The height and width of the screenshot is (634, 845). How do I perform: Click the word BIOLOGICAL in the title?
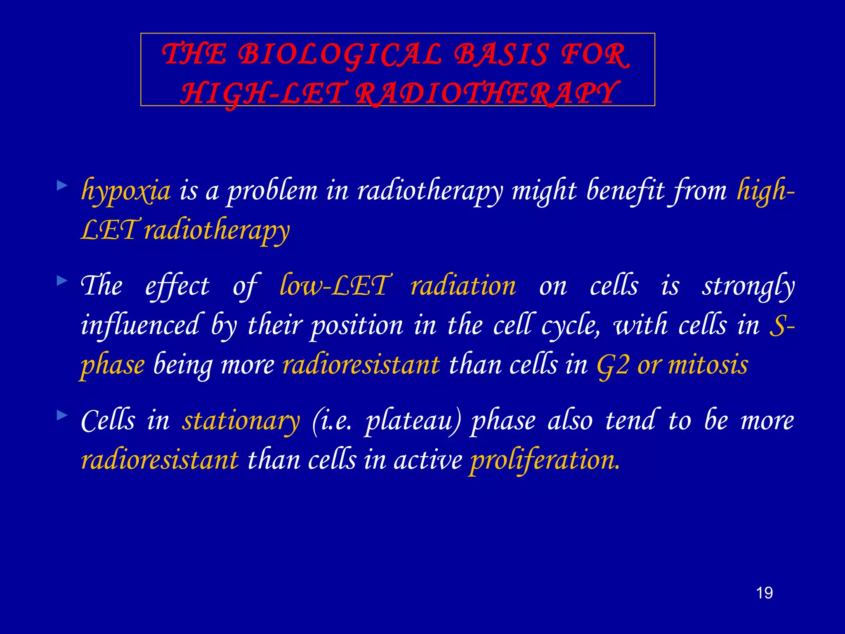[x=341, y=55]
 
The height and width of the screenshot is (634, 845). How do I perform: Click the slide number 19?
[x=764, y=593]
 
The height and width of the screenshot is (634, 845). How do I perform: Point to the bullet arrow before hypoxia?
[x=62, y=185]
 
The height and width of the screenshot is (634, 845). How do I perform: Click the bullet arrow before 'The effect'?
[x=62, y=281]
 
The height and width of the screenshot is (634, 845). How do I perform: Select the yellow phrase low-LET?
[x=333, y=286]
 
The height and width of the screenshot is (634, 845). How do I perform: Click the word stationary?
[x=241, y=421]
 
